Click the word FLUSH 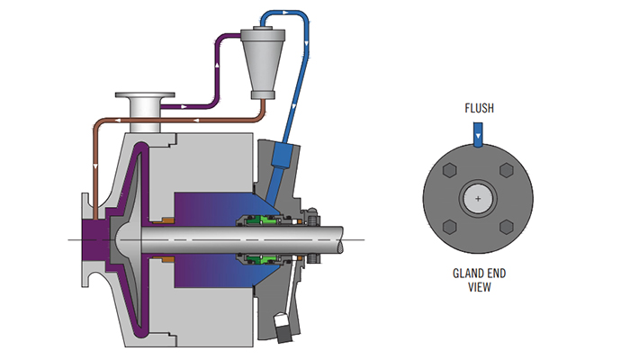pyautogui.click(x=479, y=108)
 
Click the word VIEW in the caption pyautogui.click(x=480, y=287)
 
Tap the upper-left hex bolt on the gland pyautogui.click(x=450, y=170)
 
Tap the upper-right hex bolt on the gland pyautogui.click(x=506, y=170)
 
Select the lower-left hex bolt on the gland pyautogui.click(x=450, y=227)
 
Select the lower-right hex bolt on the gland pyautogui.click(x=506, y=227)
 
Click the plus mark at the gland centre pyautogui.click(x=478, y=199)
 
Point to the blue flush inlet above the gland pyautogui.click(x=478, y=135)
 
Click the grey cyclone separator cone pyautogui.click(x=263, y=64)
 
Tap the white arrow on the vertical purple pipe pyautogui.click(x=218, y=64)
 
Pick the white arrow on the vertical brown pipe pyautogui.click(x=95, y=166)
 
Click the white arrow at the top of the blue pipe pyautogui.click(x=285, y=13)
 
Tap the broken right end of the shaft pyautogui.click(x=341, y=240)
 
